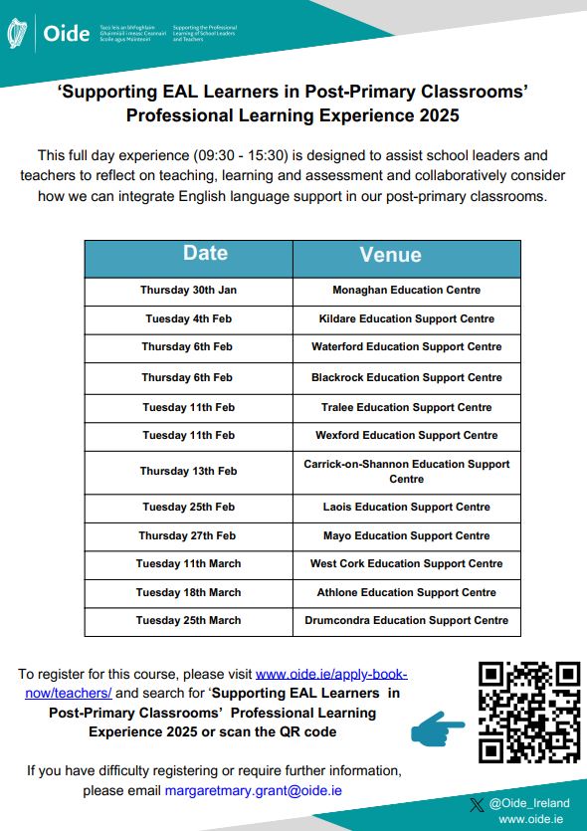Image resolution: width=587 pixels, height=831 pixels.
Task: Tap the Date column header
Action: [205, 254]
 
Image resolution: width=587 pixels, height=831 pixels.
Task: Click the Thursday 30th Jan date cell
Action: [188, 290]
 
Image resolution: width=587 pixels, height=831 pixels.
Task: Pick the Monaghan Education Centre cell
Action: [406, 290]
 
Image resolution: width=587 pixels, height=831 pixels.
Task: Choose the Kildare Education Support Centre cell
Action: [406, 318]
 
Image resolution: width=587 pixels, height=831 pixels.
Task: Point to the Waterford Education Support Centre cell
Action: [406, 346]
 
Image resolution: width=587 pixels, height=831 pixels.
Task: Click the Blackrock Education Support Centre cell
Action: [406, 377]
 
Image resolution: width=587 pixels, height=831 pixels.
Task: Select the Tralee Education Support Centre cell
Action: [406, 407]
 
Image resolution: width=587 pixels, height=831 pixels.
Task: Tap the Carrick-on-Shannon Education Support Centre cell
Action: [406, 471]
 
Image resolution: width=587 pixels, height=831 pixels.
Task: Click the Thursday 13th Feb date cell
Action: [188, 471]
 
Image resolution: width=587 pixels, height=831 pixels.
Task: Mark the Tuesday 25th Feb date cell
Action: [188, 507]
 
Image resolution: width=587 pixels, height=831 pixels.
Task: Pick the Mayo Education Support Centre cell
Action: [406, 535]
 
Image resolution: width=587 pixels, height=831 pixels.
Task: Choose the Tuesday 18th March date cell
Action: [188, 592]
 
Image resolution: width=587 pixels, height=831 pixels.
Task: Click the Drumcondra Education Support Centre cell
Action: [406, 620]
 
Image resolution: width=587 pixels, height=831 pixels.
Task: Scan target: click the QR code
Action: [528, 712]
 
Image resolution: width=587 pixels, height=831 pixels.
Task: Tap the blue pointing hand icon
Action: [437, 728]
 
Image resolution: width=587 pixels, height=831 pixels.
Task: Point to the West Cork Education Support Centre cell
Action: [406, 563]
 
